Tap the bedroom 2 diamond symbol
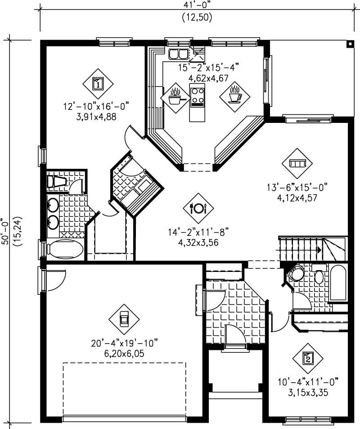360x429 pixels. coord(307,358)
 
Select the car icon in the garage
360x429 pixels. coord(124,319)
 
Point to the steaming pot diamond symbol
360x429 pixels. coord(175,98)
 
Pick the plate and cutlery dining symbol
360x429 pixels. coord(198,208)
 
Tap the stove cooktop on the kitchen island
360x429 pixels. coord(197,95)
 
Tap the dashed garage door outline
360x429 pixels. coord(124,390)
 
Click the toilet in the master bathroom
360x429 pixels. coord(57,181)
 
